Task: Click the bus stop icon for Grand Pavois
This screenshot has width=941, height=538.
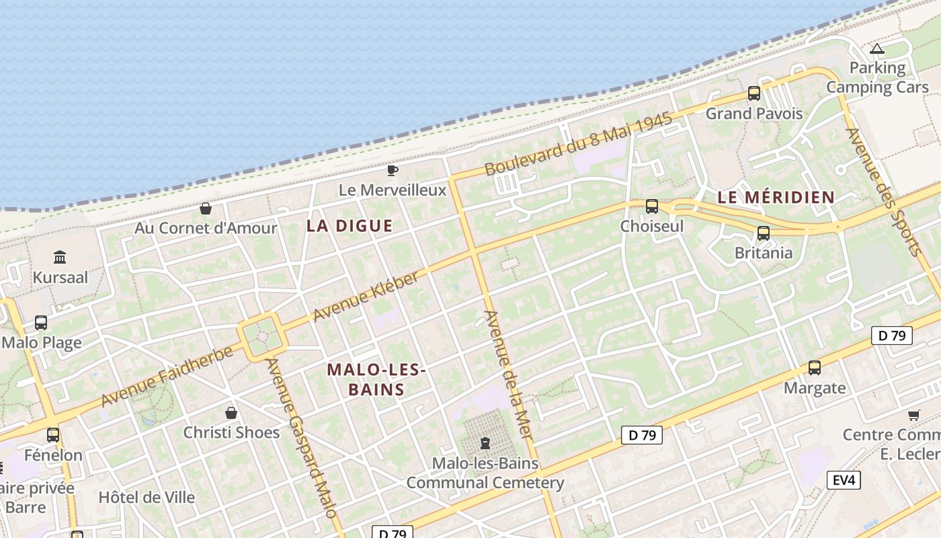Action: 754,93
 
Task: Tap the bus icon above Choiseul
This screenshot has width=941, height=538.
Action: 652,206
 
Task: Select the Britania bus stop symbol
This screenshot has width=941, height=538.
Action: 764,233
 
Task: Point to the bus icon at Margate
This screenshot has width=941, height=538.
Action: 815,368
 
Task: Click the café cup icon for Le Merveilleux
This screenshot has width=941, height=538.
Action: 393,170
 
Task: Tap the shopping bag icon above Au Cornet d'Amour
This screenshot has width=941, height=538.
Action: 206,208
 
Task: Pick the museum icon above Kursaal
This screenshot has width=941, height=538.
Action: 60,257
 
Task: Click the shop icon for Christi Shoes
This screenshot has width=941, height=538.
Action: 231,412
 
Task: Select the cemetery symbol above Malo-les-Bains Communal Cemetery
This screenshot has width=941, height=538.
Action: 485,443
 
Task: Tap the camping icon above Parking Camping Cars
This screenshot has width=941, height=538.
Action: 876,49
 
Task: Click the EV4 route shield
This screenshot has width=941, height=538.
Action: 844,480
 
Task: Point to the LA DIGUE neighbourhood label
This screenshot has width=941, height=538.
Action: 350,226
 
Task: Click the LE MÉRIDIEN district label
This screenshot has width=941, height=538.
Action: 776,198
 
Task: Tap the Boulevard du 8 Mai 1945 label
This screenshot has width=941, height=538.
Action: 578,144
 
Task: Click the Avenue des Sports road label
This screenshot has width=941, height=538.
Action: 883,192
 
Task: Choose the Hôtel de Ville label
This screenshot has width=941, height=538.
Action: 147,498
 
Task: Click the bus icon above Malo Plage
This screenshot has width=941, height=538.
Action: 41,323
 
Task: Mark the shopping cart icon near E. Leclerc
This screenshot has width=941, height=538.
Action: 913,415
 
